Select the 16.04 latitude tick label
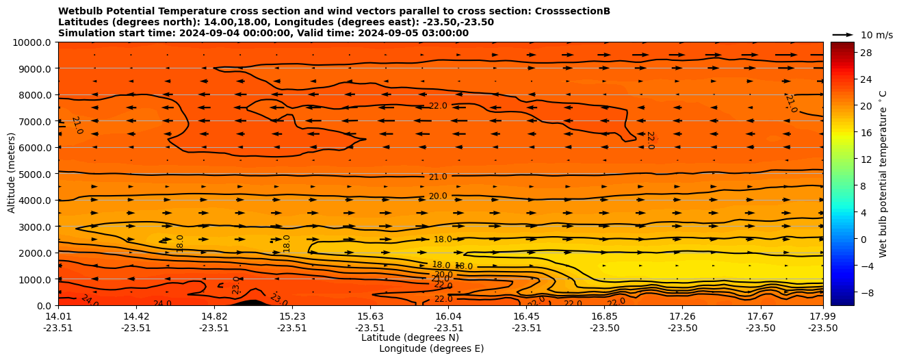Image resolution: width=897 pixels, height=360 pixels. [x=448, y=316]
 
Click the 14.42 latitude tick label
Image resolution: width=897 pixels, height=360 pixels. [x=136, y=316]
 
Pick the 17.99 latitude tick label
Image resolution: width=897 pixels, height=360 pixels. [x=822, y=316]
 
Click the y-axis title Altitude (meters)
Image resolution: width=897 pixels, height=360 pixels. [x=12, y=174]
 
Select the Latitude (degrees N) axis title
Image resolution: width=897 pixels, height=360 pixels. [x=410, y=337]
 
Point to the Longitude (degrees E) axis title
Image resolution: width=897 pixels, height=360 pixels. [x=431, y=348]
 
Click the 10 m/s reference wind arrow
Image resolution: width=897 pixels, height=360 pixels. [x=842, y=34]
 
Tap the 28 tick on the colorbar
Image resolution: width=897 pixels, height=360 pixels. [x=865, y=53]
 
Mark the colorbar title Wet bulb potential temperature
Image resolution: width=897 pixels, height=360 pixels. [x=883, y=174]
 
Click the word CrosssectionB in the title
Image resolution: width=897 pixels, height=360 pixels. [x=568, y=12]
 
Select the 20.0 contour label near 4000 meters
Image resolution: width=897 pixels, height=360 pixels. [x=438, y=196]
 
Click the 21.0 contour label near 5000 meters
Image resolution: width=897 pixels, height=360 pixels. [x=438, y=177]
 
